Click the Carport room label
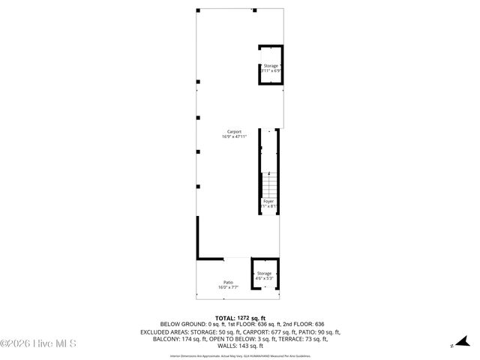(234, 131)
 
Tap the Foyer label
(268, 201)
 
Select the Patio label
(228, 282)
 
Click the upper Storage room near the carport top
(270, 65)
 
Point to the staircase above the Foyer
(268, 183)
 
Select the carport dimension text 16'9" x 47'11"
(234, 136)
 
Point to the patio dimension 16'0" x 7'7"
(228, 287)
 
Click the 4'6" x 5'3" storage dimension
(265, 278)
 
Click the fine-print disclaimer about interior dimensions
(239, 355)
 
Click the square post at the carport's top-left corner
(198, 10)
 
